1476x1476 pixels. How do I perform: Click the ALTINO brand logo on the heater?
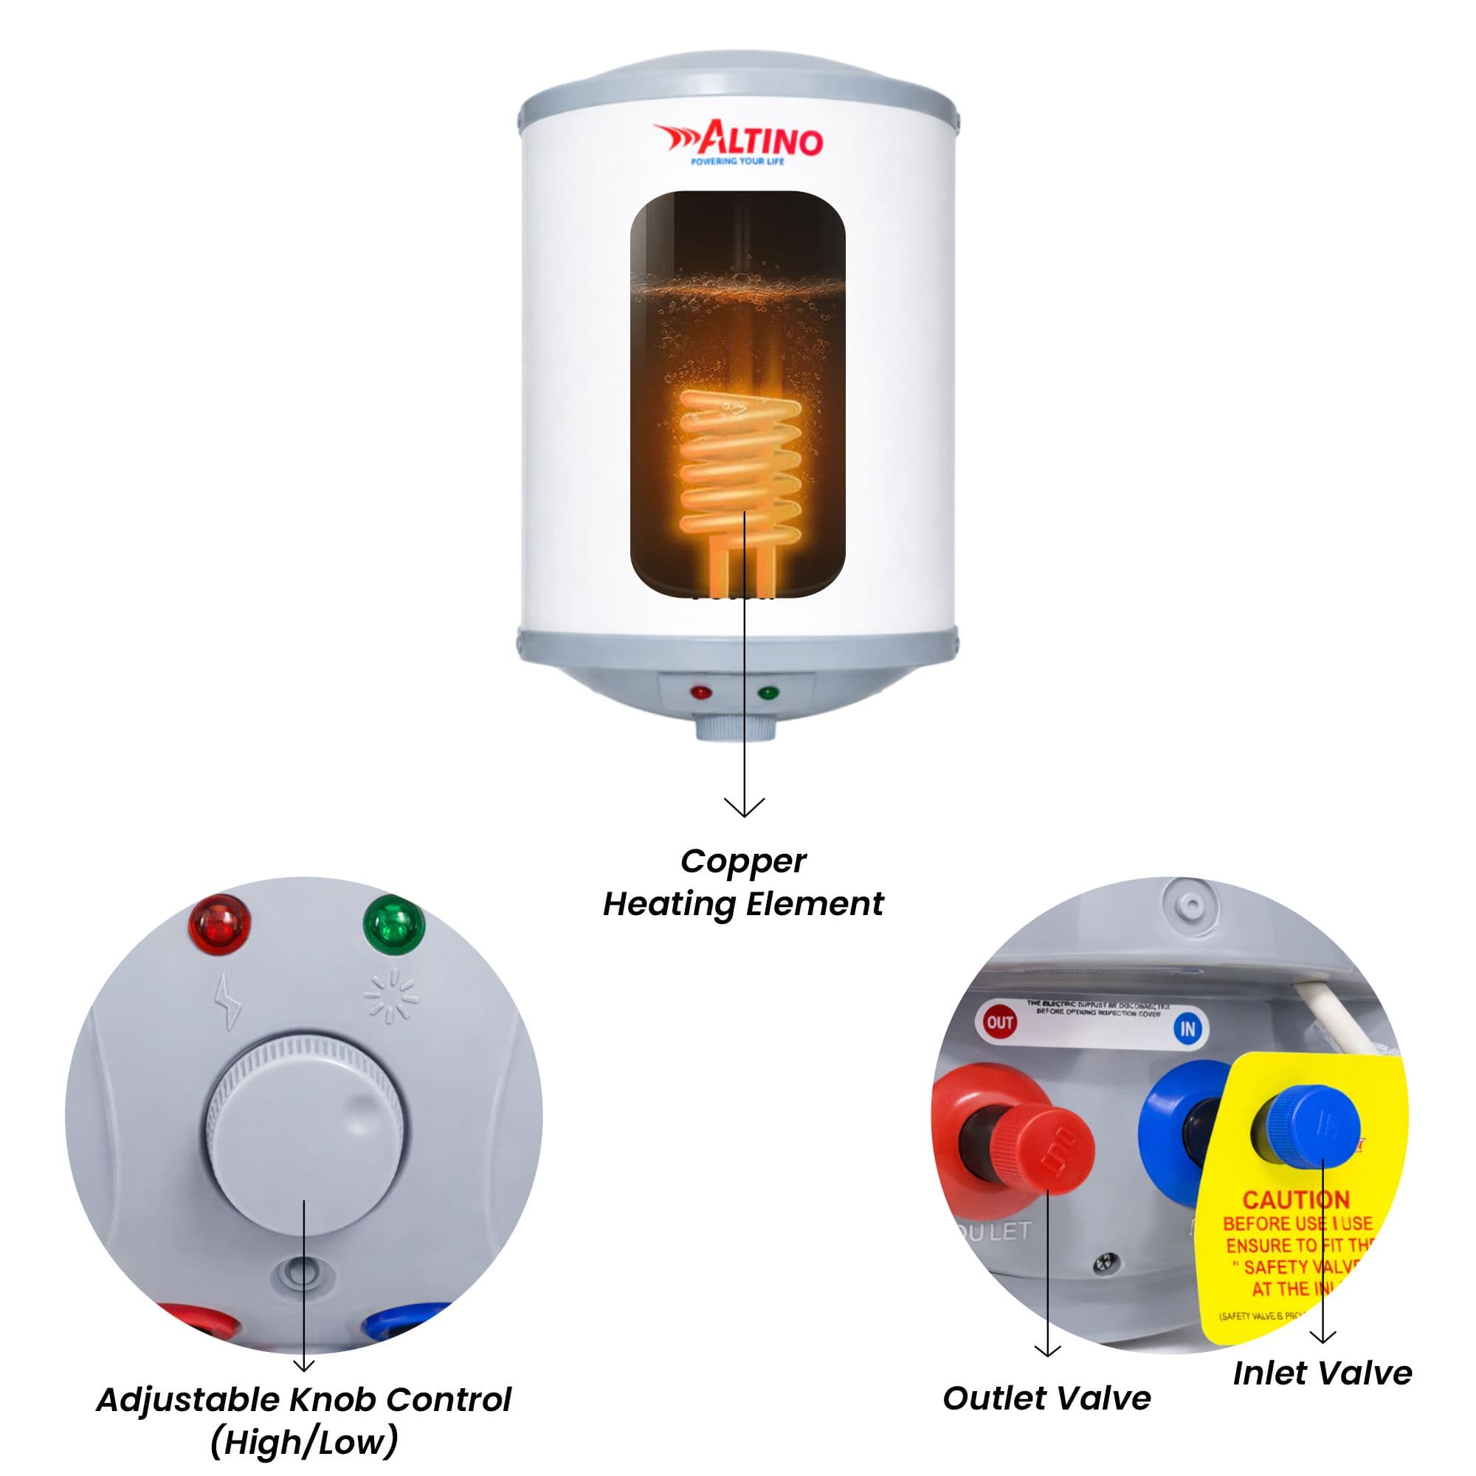coord(738,139)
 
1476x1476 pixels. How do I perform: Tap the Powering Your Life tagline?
coord(737,162)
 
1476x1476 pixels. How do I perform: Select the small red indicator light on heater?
coord(700,693)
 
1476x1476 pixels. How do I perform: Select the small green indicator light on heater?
coord(767,693)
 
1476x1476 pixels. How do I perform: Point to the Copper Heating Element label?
coord(742,883)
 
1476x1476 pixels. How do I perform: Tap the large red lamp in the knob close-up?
coord(221,925)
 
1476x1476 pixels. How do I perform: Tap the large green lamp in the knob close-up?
coord(393,925)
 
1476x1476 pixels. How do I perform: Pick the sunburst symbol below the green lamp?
coord(391,996)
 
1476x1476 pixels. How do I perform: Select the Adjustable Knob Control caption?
coord(304,1420)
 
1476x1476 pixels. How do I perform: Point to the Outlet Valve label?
coord(1046,1398)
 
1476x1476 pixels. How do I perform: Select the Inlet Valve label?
coord(1322,1373)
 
